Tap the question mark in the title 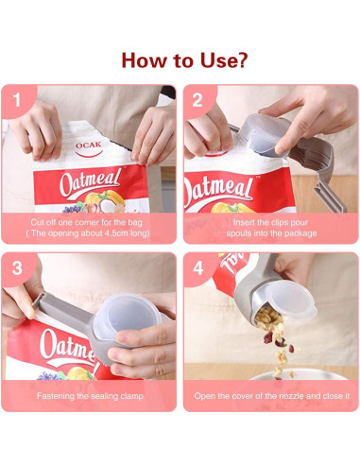[244, 60]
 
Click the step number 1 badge [15, 98]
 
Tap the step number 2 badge [197, 98]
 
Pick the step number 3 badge [15, 267]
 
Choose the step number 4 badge [197, 267]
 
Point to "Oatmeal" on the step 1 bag [90, 181]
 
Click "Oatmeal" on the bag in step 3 [52, 347]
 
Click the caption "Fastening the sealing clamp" [90, 396]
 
